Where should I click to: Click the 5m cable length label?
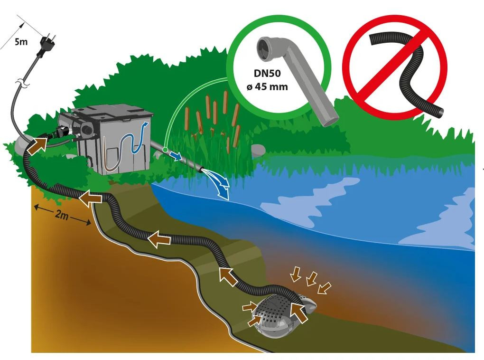pos(21,41)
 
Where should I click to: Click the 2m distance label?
pos(62,215)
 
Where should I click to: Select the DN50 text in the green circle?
pos(267,73)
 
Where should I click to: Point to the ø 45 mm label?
pos(267,86)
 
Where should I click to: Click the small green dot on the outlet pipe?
pos(165,150)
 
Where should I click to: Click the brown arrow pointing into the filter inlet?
pos(37,146)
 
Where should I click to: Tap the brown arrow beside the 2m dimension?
pos(91,198)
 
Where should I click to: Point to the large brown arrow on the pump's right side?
pos(298,312)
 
